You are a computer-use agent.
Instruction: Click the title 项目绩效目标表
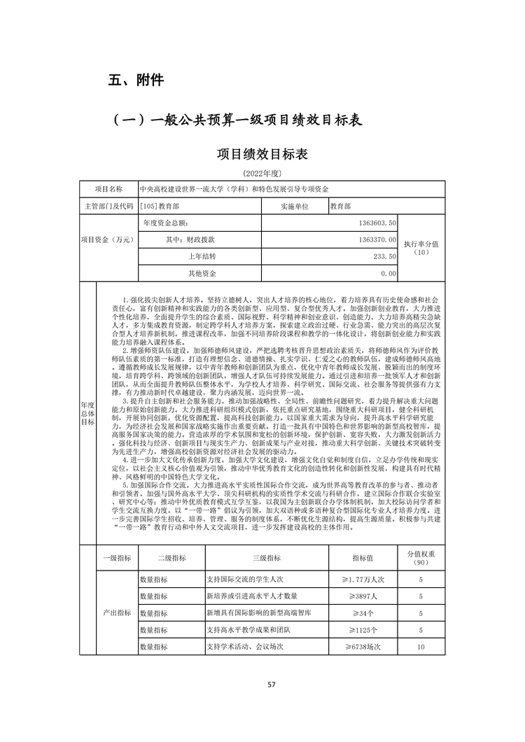[x=262, y=154]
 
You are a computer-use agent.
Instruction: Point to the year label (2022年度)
[x=262, y=172]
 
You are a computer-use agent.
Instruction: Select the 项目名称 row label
[x=108, y=190]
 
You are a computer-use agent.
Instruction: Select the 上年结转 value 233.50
[x=384, y=256]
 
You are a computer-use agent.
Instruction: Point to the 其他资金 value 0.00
[x=389, y=273]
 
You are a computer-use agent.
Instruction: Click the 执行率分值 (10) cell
[x=421, y=248]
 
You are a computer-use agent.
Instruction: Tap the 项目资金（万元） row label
[x=108, y=239]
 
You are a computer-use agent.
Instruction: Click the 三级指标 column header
[x=266, y=557]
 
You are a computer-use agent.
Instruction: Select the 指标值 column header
[x=363, y=557]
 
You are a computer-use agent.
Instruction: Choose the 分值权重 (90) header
[x=421, y=557]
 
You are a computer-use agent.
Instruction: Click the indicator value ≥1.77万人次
[x=363, y=580]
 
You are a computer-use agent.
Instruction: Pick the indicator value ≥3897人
[x=363, y=596]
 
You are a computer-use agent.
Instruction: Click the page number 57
[x=262, y=684]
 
